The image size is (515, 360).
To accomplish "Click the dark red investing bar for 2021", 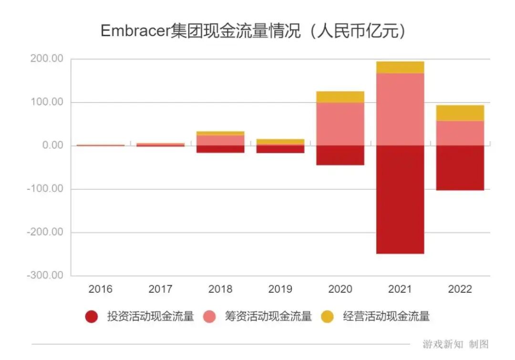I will point(400,199).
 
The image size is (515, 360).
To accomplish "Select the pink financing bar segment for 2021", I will point(400,109).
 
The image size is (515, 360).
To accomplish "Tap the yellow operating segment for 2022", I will point(460,113).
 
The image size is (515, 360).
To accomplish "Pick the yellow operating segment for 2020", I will point(340,97).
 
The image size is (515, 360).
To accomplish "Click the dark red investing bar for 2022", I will point(460,168).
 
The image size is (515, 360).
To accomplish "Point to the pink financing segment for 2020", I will point(340,124).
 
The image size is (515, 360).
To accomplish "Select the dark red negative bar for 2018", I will point(220,149).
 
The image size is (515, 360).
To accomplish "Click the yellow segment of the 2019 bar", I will point(280,142).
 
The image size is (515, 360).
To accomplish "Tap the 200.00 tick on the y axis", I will point(46,59).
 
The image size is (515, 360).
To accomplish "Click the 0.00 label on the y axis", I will point(52,145).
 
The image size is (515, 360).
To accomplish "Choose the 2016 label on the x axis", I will point(101,289).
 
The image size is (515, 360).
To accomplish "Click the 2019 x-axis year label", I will point(280,289).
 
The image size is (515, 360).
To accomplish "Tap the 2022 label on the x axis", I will point(460,289).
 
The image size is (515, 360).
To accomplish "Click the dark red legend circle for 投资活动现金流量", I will point(91,316).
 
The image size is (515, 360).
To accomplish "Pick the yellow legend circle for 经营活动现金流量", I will point(327,316).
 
